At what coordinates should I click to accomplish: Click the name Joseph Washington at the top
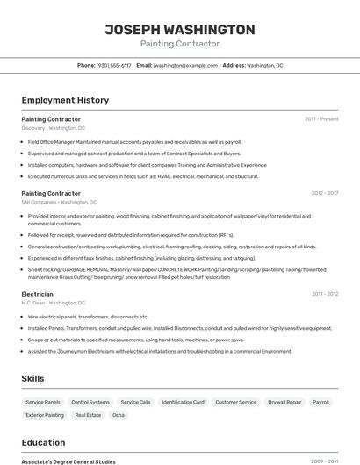180,30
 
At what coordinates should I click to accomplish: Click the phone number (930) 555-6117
113,65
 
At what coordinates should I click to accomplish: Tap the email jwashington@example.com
185,65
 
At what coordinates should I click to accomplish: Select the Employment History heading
65,100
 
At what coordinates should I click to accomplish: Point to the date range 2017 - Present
321,118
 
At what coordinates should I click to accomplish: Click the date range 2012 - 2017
324,193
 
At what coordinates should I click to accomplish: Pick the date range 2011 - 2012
324,294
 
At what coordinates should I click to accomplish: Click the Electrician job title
37,294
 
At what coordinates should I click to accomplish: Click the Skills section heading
33,378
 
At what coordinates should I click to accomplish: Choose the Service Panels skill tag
43,402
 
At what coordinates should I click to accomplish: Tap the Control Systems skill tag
90,402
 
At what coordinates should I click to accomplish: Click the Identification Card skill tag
183,402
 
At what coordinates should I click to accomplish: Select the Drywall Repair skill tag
284,402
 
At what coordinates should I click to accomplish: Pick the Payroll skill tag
320,402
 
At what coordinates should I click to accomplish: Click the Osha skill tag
118,415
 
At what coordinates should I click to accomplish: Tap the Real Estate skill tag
88,415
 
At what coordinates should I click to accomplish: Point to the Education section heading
43,442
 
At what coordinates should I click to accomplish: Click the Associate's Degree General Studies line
68,461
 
